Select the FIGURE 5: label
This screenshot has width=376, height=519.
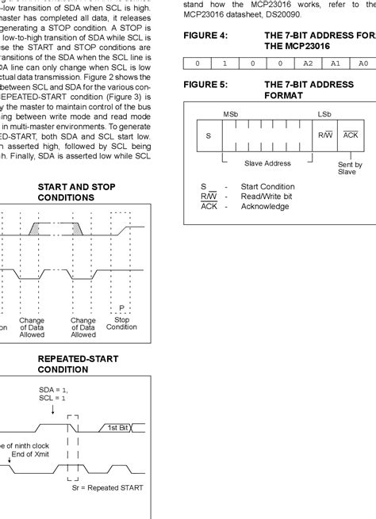(205, 83)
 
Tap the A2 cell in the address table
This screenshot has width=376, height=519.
(309, 63)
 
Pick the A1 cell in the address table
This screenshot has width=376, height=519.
(336, 63)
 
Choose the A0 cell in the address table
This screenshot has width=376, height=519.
(363, 63)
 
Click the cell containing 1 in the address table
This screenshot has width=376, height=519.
(224, 63)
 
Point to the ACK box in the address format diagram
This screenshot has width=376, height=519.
(351, 135)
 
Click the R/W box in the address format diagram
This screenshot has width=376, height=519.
(325, 135)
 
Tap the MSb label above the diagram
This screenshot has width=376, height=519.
(230, 114)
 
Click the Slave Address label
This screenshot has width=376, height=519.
(268, 163)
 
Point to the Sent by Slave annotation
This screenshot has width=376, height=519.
(350, 168)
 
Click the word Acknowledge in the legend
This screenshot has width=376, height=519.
(265, 206)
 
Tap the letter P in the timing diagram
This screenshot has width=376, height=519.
(121, 307)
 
